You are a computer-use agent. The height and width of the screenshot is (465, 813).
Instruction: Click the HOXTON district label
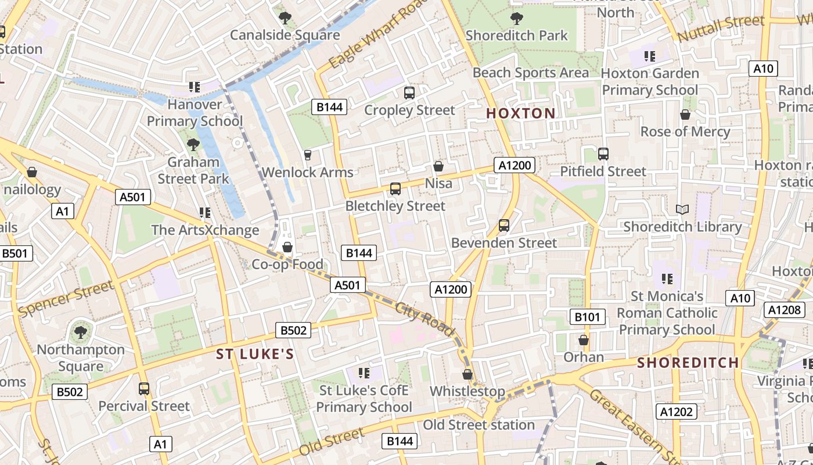pos(520,113)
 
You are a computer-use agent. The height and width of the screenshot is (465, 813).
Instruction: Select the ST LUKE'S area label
pos(255,354)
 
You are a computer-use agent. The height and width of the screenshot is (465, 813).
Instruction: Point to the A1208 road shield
pos(784,310)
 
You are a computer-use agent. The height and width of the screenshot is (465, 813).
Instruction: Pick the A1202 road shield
pos(677,412)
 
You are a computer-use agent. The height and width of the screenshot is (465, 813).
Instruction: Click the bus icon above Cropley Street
pos(409,92)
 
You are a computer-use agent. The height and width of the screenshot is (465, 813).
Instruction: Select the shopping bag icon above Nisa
pos(438,166)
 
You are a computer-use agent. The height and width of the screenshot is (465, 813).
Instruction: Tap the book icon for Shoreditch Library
pos(682,209)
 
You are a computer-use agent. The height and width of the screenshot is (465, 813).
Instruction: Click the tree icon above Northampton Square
pos(80,332)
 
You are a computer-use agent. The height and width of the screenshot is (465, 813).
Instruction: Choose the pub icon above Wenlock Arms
pos(307,155)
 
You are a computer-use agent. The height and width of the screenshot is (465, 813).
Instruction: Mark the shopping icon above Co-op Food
pos(287,247)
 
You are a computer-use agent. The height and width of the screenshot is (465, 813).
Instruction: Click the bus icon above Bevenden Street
pos(503,225)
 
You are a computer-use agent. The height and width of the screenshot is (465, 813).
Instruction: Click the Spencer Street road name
pos(66,298)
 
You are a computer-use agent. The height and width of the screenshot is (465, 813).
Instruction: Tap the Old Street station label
pos(479,425)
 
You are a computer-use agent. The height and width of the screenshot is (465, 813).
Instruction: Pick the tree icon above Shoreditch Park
pos(516,18)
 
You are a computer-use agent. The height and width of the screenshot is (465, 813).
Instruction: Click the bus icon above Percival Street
pos(143,388)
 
